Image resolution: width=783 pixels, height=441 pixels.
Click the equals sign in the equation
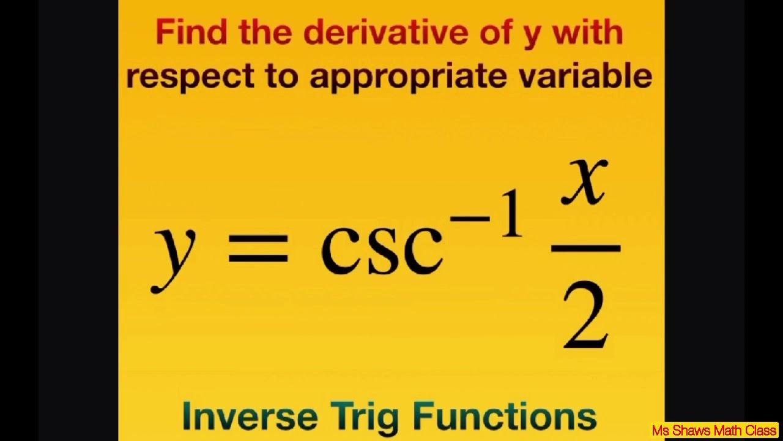(258, 251)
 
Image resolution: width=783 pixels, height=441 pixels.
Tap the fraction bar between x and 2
(585, 248)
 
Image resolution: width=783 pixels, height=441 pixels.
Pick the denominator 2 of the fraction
(585, 318)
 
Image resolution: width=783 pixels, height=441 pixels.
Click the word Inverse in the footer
(250, 417)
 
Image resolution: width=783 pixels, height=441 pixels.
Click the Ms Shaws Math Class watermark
(714, 431)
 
